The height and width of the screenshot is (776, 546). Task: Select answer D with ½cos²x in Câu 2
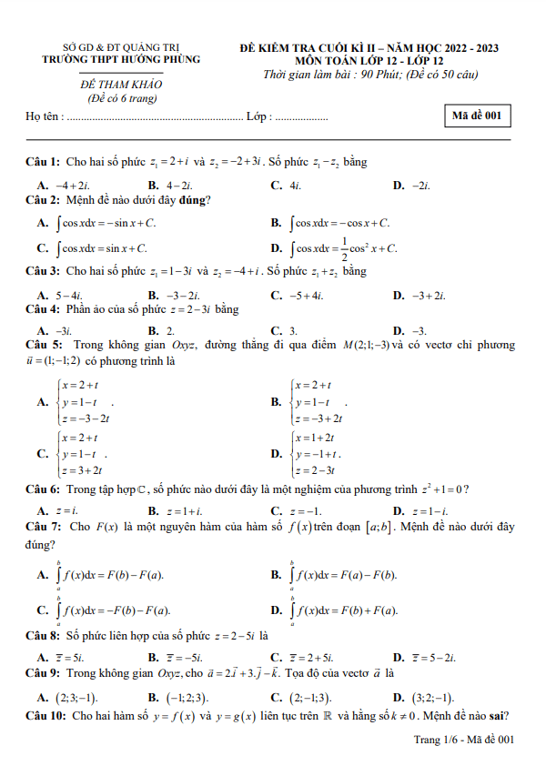coord(344,247)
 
